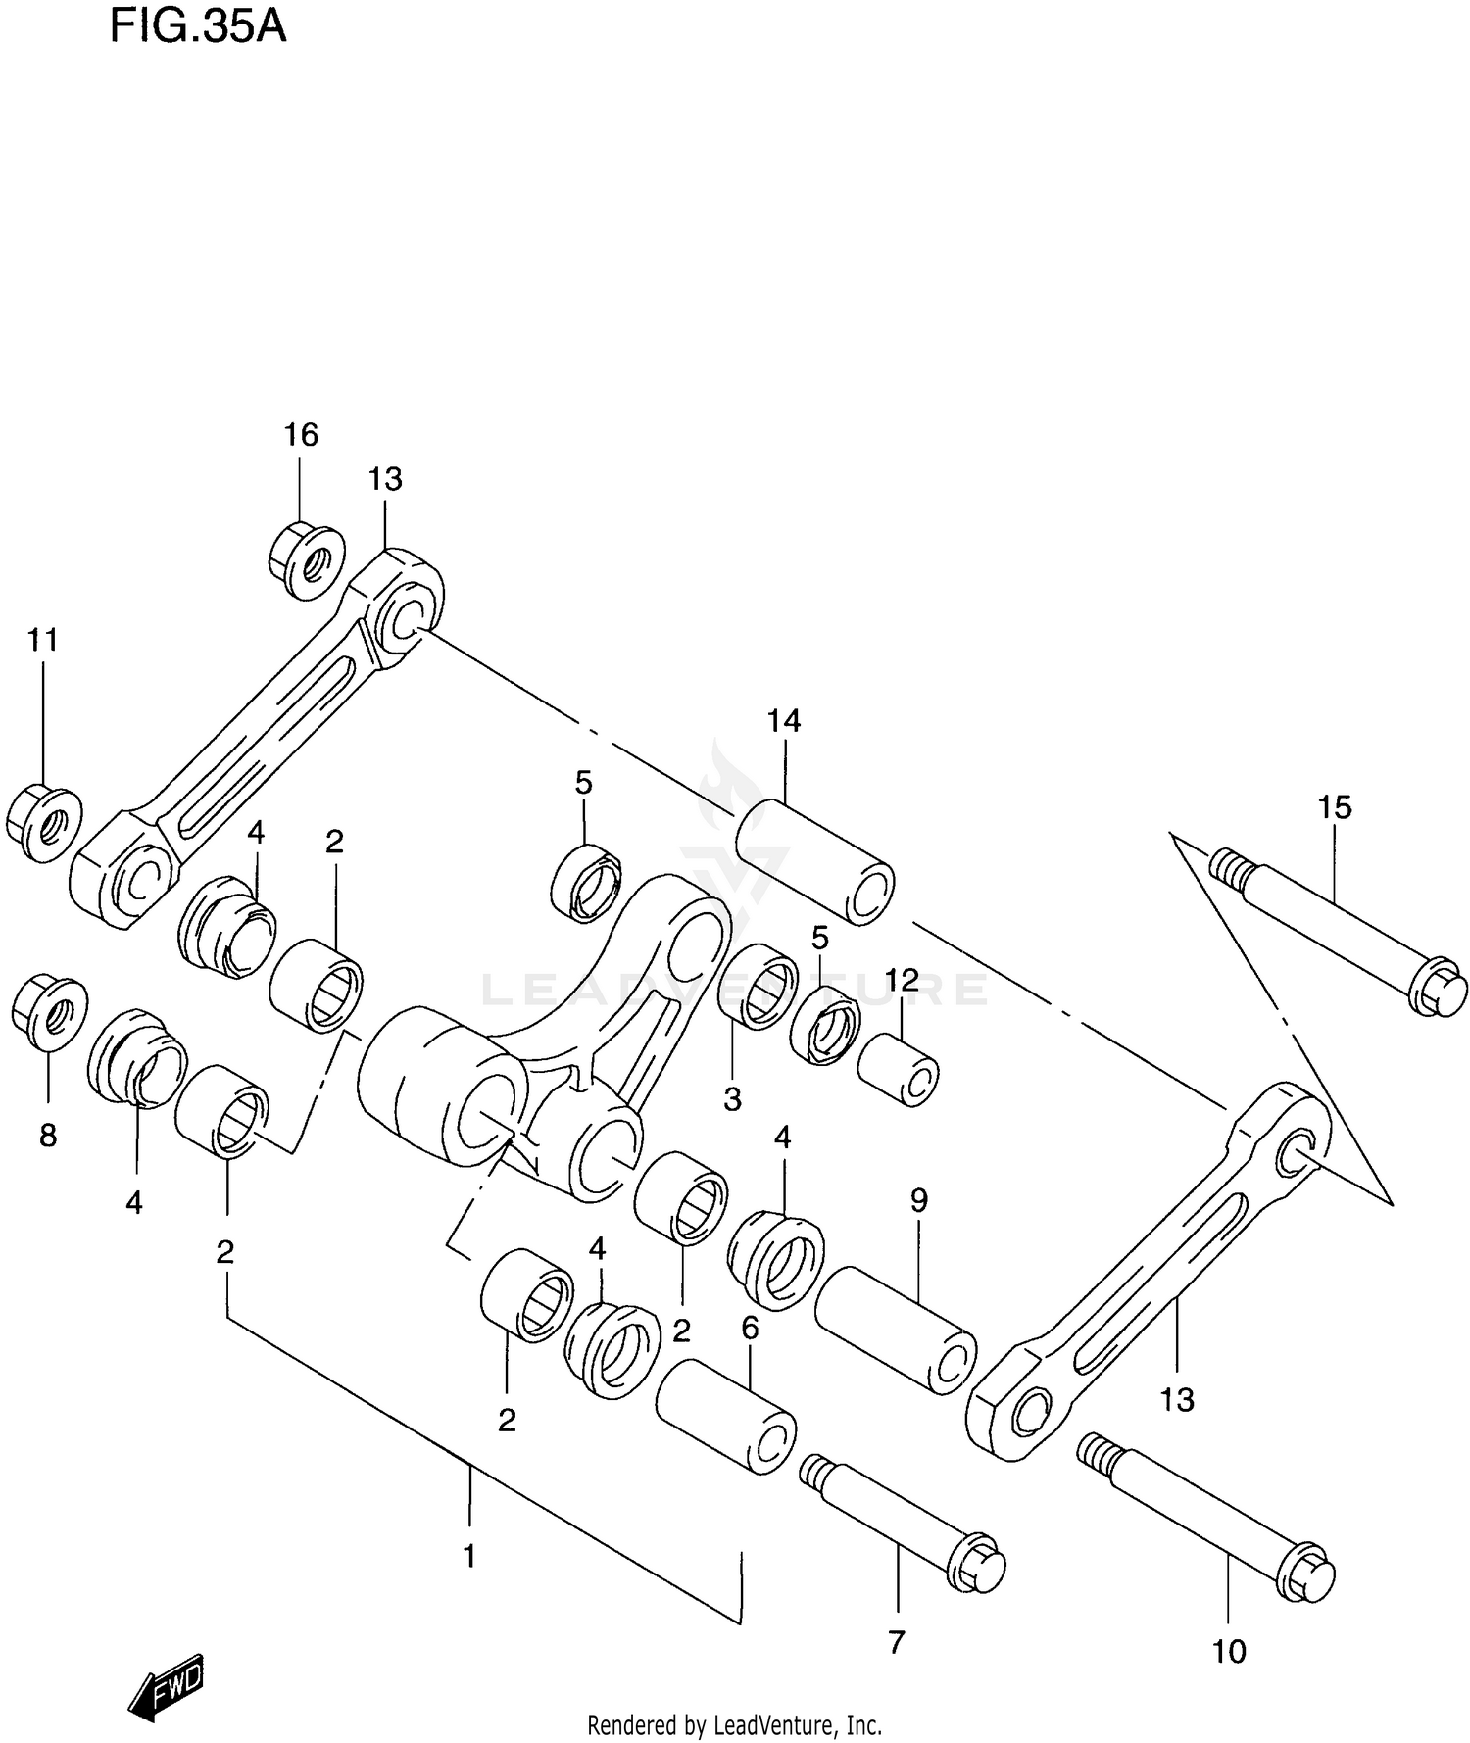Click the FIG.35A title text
pyautogui.click(x=197, y=26)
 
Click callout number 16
pyautogui.click(x=301, y=434)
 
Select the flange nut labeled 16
pyautogui.click(x=306, y=561)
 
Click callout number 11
pyautogui.click(x=42, y=640)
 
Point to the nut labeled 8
pyautogui.click(x=49, y=1010)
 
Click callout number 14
pyautogui.click(x=783, y=721)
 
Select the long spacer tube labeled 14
pyautogui.click(x=813, y=861)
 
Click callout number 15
pyautogui.click(x=1335, y=807)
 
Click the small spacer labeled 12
pyautogui.click(x=898, y=1069)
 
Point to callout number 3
pyautogui.click(x=732, y=1099)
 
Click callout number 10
pyautogui.click(x=1229, y=1653)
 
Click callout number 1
pyautogui.click(x=469, y=1556)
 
